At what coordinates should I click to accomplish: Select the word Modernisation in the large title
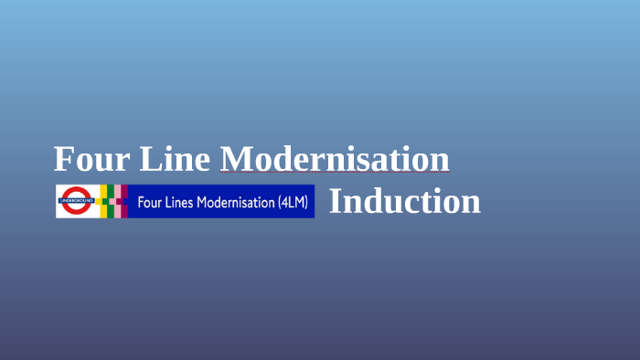[x=335, y=159]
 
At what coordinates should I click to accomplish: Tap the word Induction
[x=404, y=201]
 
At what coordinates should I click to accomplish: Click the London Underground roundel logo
[x=76, y=201]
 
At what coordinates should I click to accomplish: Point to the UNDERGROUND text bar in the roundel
[x=76, y=199]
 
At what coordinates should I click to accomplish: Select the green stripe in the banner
[x=109, y=201]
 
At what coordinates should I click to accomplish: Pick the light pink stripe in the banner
[x=117, y=201]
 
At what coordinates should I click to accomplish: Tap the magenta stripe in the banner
[x=123, y=201]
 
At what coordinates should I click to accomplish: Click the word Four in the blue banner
[x=150, y=202]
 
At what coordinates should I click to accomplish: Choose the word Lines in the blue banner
[x=181, y=202]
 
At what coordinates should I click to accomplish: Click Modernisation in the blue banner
[x=236, y=202]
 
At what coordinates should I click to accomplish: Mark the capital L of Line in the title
[x=150, y=159]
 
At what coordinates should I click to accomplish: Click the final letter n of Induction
[x=471, y=203]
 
